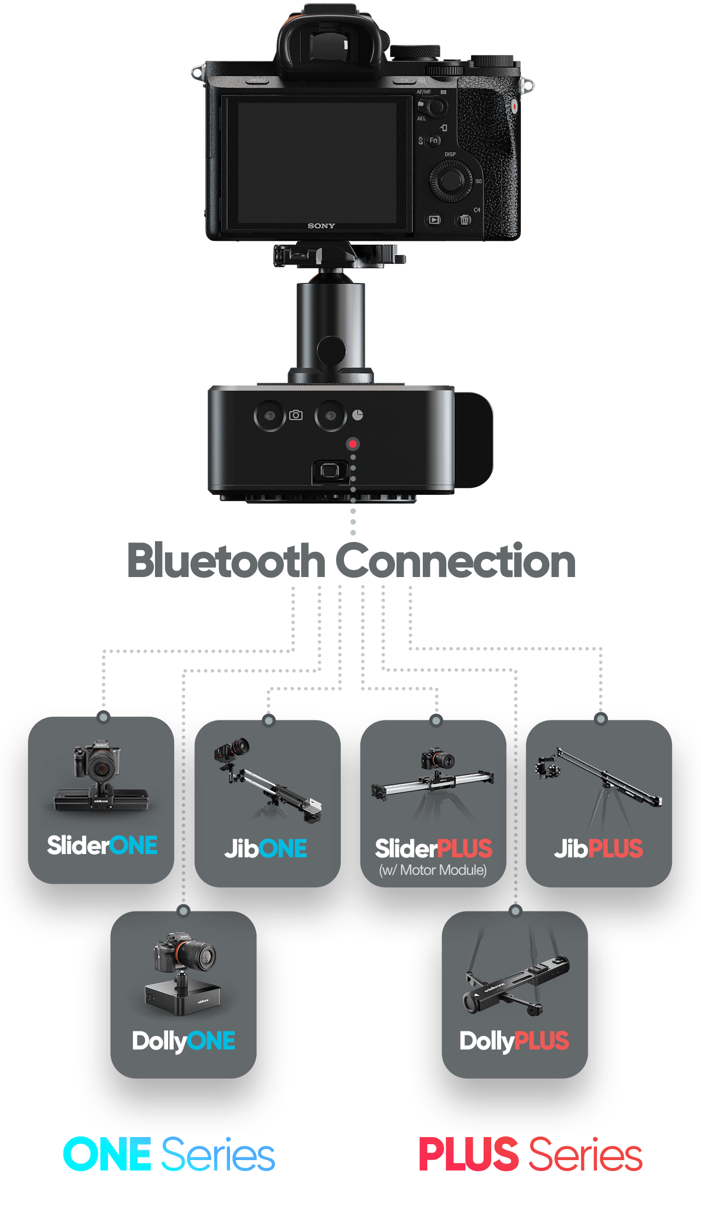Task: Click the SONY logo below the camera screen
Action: pos(321,226)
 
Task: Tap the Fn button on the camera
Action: pos(433,141)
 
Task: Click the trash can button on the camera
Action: pos(464,220)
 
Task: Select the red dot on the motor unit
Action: pos(353,444)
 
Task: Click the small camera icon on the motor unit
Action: pos(296,415)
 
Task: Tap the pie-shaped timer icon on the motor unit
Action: pos(358,415)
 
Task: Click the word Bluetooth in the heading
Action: pos(226,561)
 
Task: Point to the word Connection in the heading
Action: pos(455,561)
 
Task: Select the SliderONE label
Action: pos(102,845)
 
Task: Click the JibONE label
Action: pos(266,849)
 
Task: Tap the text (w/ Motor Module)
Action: pos(433,870)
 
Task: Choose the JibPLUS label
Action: pos(599,849)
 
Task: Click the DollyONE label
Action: pos(183,1041)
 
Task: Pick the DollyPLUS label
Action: pos(514,1041)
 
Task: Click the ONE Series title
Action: pos(169,1154)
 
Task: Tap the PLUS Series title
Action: pos(530,1154)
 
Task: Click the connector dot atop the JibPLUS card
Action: pos(601,719)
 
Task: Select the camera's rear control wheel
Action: pos(450,180)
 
